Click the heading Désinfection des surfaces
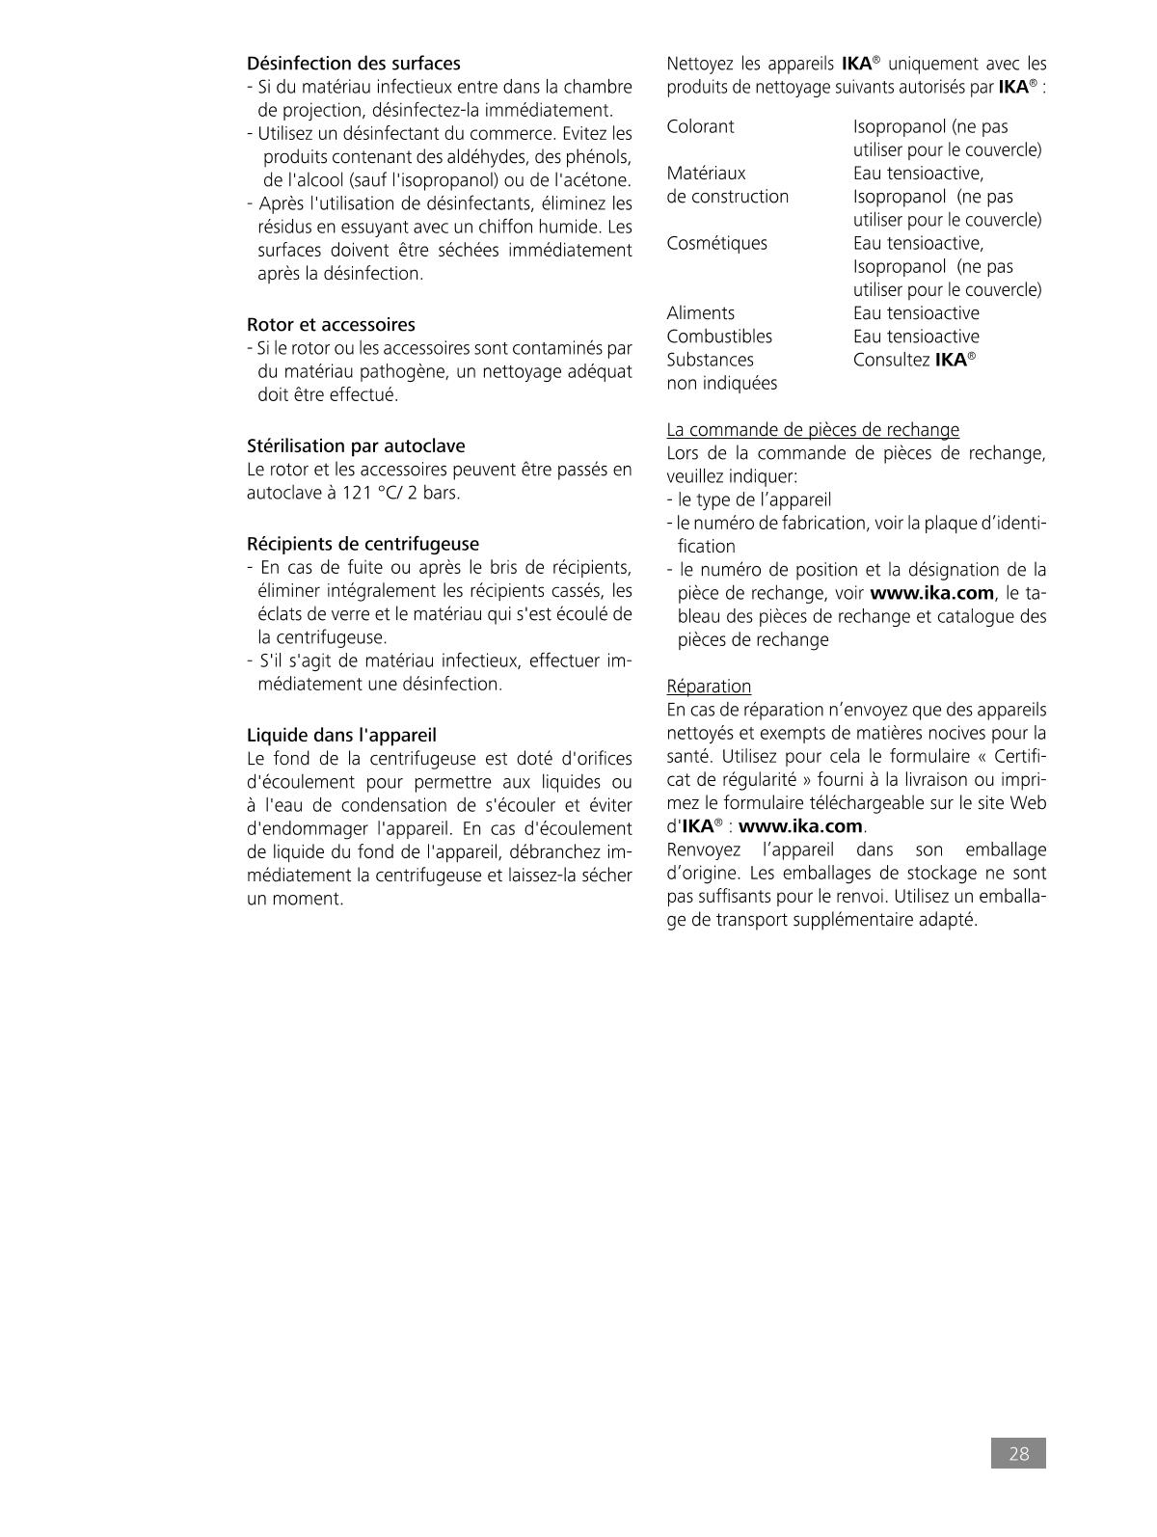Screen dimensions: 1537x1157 click(354, 64)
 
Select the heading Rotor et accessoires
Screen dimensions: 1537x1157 click(331, 325)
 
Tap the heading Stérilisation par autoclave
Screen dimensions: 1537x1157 click(356, 446)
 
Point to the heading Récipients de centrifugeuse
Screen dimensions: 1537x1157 click(363, 544)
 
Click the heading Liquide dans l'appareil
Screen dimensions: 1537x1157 click(341, 736)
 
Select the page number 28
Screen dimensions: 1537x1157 click(1018, 1454)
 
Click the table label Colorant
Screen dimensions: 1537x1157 click(700, 127)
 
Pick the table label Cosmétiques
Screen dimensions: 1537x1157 click(716, 244)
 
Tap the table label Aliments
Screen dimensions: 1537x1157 click(700, 313)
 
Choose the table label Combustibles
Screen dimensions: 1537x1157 click(719, 337)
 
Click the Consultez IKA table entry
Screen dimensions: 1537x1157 click(914, 361)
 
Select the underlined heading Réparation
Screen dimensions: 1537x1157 click(709, 687)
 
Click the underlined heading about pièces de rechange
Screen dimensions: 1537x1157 click(813, 430)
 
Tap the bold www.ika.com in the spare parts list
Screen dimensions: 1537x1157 click(931, 593)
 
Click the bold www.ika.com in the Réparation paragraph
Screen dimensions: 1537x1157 click(800, 826)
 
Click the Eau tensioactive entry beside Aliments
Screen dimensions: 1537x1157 click(916, 313)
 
